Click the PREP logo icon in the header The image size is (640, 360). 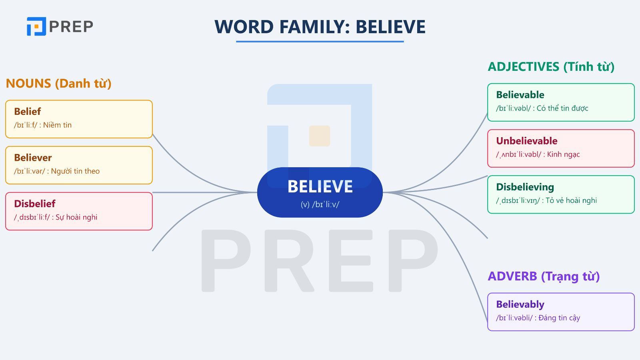click(x=36, y=26)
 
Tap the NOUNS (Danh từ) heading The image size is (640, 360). click(x=58, y=84)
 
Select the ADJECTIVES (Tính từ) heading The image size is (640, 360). click(x=551, y=67)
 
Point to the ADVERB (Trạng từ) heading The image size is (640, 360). click(x=544, y=276)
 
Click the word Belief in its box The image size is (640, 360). click(x=27, y=112)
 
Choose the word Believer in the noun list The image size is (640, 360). click(x=33, y=158)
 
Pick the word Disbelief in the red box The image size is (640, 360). click(x=34, y=204)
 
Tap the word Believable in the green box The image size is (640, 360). click(x=520, y=95)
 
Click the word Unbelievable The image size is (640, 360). click(x=526, y=141)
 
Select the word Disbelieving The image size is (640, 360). click(x=525, y=187)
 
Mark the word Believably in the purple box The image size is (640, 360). click(x=520, y=304)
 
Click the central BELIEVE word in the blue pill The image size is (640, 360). click(x=320, y=187)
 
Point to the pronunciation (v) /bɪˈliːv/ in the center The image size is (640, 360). click(x=320, y=204)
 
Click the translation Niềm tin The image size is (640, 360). click(x=57, y=125)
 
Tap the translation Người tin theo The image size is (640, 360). click(x=75, y=171)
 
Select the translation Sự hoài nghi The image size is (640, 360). click(x=76, y=217)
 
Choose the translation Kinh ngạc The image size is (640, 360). click(x=563, y=154)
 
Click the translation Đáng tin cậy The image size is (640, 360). click(x=559, y=318)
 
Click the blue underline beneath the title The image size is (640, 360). click(x=320, y=41)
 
